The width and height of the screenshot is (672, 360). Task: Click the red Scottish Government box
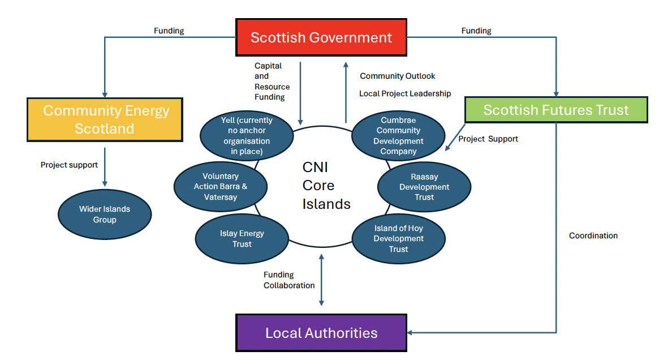point(321,38)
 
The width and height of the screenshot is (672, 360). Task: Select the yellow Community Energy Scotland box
point(105,119)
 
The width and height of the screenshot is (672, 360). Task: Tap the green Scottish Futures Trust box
point(555,110)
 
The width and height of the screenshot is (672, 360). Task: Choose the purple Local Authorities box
point(321,333)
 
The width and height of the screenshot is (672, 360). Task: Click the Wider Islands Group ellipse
point(105,214)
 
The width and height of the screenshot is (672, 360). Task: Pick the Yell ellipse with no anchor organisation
point(247,136)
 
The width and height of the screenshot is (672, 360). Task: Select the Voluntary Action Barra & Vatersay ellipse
point(221,186)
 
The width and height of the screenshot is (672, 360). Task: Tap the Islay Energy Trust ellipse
point(242,238)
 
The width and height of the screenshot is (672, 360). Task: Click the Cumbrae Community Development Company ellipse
point(398,136)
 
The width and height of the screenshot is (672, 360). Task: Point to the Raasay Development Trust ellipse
point(424,186)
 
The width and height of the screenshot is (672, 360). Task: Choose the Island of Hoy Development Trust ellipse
point(398,238)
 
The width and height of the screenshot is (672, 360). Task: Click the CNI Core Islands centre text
point(326,186)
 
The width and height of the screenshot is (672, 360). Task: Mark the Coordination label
point(593,235)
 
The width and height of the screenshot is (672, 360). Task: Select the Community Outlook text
point(398,76)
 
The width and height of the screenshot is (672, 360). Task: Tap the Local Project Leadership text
point(405,93)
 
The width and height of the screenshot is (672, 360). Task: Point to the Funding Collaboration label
point(289,280)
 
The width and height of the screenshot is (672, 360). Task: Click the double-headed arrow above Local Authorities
point(321,280)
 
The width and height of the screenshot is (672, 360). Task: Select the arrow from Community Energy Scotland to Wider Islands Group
point(105,166)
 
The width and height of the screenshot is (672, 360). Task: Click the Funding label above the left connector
point(169,31)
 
